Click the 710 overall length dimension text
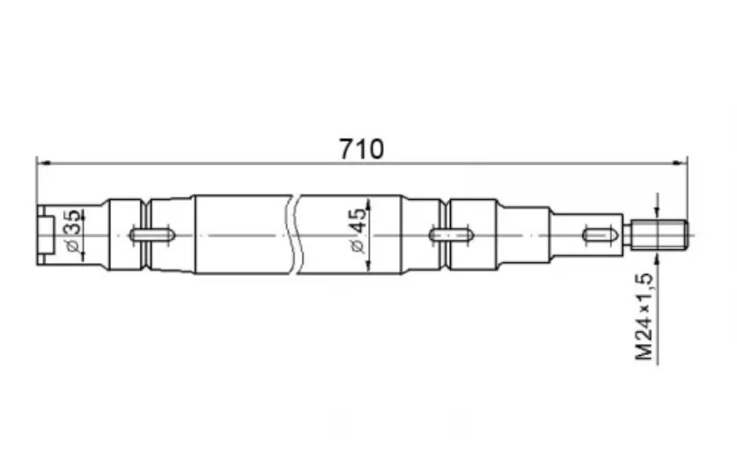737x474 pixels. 361,149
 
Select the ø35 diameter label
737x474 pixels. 74,231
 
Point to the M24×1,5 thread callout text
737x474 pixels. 645,316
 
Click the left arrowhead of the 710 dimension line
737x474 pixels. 43,163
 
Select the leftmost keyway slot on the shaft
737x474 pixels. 153,234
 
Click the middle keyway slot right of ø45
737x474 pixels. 451,234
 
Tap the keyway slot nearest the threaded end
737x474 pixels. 603,234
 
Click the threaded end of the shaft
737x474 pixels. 659,234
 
